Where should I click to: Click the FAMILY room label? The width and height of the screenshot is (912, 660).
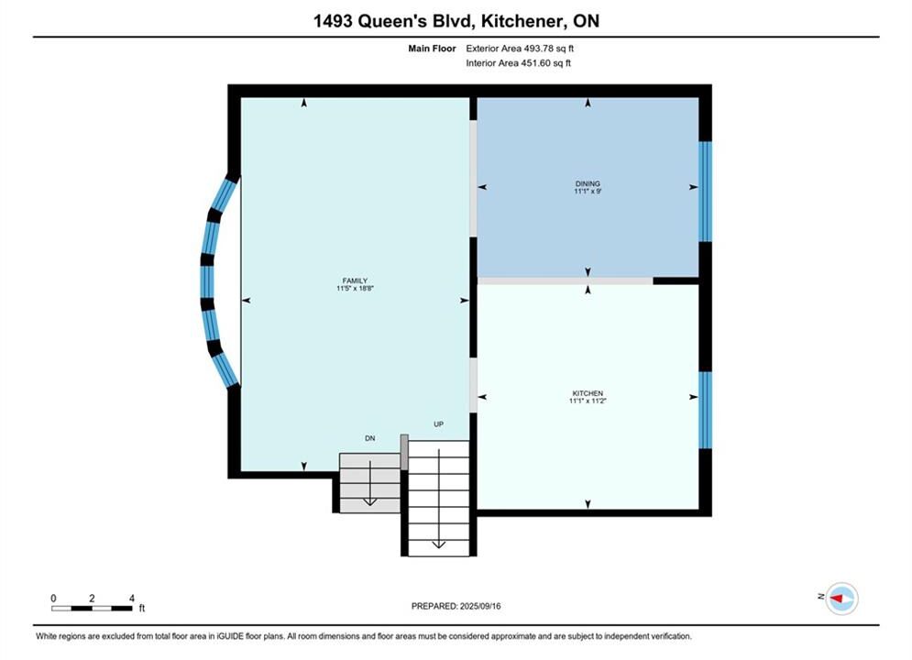tap(355, 280)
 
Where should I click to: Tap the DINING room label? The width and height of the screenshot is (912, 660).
tap(588, 183)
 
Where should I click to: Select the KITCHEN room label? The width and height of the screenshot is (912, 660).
tap(588, 393)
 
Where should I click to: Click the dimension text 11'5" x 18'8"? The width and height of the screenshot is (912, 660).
tap(355, 288)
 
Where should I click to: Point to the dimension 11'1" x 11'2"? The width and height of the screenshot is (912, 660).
tap(588, 401)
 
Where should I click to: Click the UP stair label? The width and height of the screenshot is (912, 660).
tap(438, 424)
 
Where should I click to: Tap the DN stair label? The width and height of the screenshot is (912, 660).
tap(370, 438)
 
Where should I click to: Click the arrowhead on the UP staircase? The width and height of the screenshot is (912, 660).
tap(438, 544)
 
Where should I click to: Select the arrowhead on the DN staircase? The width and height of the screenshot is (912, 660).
tap(369, 501)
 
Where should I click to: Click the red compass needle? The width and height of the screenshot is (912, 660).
tap(837, 599)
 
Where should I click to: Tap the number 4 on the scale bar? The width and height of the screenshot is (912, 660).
tap(132, 598)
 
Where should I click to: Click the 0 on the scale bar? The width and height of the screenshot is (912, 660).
tap(53, 598)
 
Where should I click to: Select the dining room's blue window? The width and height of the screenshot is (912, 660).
tap(705, 192)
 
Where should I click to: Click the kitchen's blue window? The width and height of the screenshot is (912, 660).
tap(705, 410)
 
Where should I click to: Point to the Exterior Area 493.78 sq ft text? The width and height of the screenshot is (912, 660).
tap(520, 49)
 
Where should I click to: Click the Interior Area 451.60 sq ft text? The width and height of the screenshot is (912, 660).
tap(518, 63)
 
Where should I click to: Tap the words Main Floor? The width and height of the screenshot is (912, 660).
tap(432, 49)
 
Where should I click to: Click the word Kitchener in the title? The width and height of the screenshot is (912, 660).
tap(522, 21)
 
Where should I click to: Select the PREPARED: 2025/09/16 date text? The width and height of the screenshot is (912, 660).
tap(456, 606)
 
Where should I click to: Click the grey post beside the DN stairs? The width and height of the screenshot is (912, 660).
tap(404, 452)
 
